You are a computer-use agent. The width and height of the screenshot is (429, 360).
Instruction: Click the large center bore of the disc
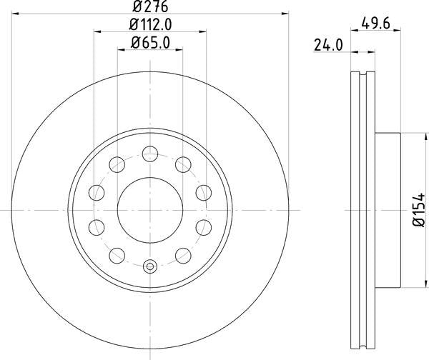pos(150,209)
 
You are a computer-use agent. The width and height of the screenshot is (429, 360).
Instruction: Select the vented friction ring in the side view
pos(365,209)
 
